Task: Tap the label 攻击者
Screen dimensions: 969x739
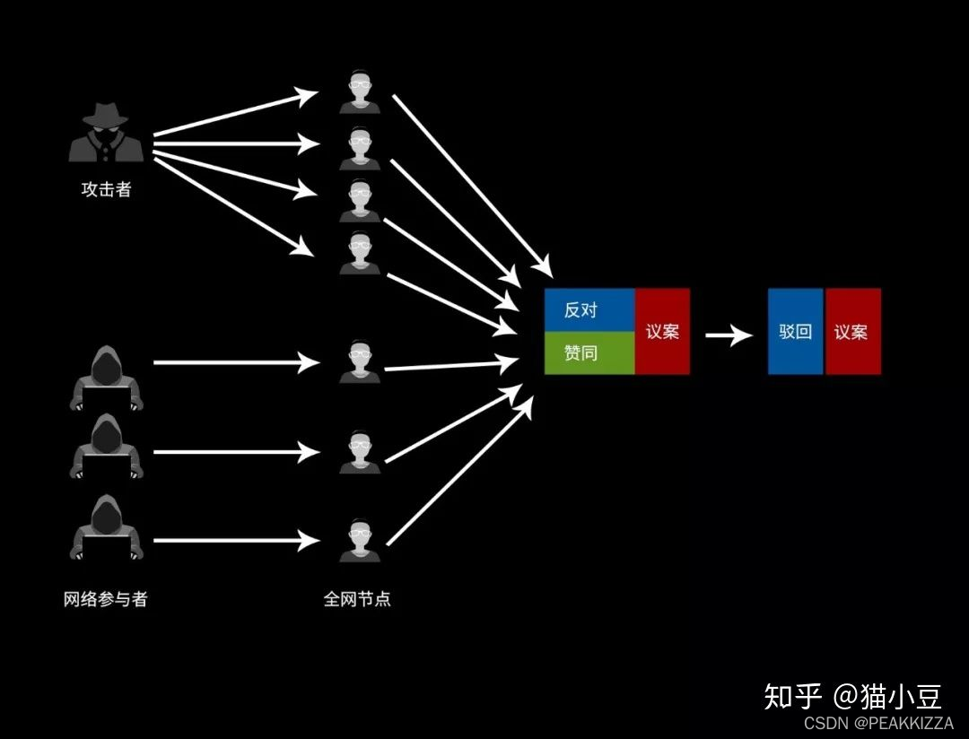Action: [106, 189]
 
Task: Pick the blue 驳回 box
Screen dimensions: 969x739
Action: [795, 331]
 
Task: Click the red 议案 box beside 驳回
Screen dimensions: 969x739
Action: [852, 331]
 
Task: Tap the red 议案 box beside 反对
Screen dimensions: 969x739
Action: [662, 331]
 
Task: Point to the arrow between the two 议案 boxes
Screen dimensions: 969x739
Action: [729, 336]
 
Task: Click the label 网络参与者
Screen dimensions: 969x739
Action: [106, 599]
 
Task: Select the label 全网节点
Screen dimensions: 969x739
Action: [357, 599]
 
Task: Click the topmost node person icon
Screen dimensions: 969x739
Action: [359, 93]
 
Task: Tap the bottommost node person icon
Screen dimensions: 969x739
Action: [359, 541]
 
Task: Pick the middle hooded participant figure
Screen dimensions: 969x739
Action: [107, 446]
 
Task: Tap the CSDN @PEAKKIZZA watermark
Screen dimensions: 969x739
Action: [878, 723]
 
